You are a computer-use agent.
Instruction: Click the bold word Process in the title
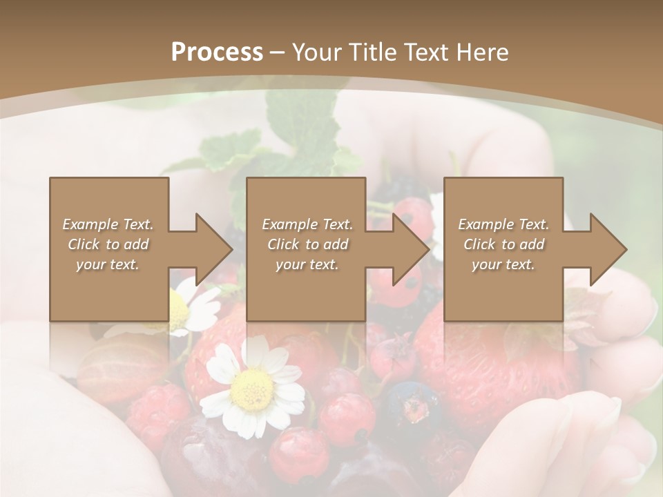point(217,52)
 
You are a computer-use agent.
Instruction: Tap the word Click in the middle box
point(282,244)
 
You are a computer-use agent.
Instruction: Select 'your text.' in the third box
point(503,264)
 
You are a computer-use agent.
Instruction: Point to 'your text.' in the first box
point(107,264)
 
